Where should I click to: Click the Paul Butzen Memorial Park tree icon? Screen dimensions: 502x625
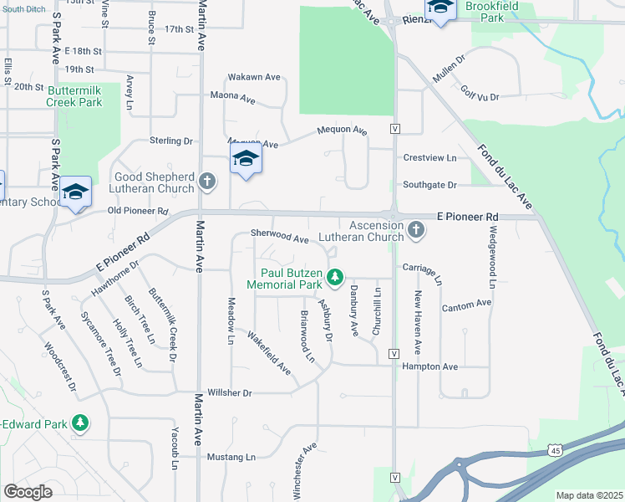coord(334,275)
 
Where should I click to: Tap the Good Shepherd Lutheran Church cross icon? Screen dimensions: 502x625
coord(208,180)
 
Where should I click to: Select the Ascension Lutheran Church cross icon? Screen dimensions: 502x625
coord(416,228)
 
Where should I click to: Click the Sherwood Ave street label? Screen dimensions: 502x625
coord(280,238)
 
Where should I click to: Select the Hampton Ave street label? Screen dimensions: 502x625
coord(430,366)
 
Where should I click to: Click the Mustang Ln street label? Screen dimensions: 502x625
coord(231,457)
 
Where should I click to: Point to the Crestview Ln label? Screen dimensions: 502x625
coord(429,157)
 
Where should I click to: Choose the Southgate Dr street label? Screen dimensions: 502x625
coord(429,185)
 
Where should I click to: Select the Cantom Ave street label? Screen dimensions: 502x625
coord(466,305)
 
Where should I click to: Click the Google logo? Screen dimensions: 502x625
coord(28,491)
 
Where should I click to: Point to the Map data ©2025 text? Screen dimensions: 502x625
coord(588,495)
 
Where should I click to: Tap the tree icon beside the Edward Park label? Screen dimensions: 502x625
coord(80,423)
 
